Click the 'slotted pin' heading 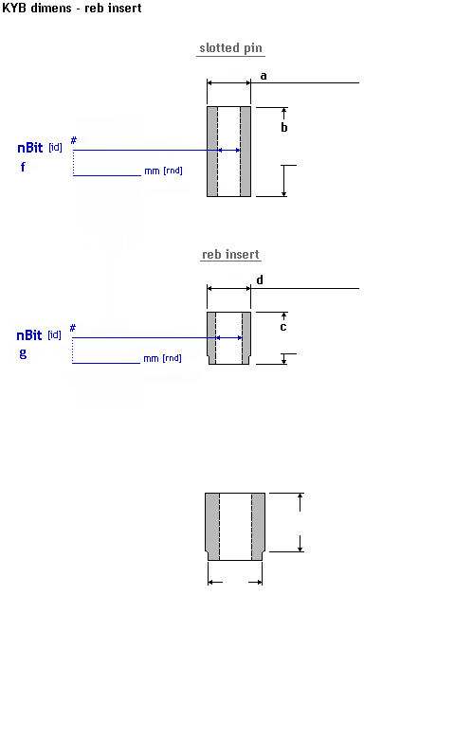[x=230, y=48]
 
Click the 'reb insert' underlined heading [x=230, y=255]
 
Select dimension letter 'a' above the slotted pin [x=264, y=76]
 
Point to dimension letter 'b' [x=284, y=127]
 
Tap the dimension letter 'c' [x=282, y=327]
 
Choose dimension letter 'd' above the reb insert [x=260, y=279]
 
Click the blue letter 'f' [x=23, y=167]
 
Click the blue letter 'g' [x=23, y=353]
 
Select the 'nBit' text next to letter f [x=30, y=148]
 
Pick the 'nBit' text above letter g [x=29, y=335]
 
